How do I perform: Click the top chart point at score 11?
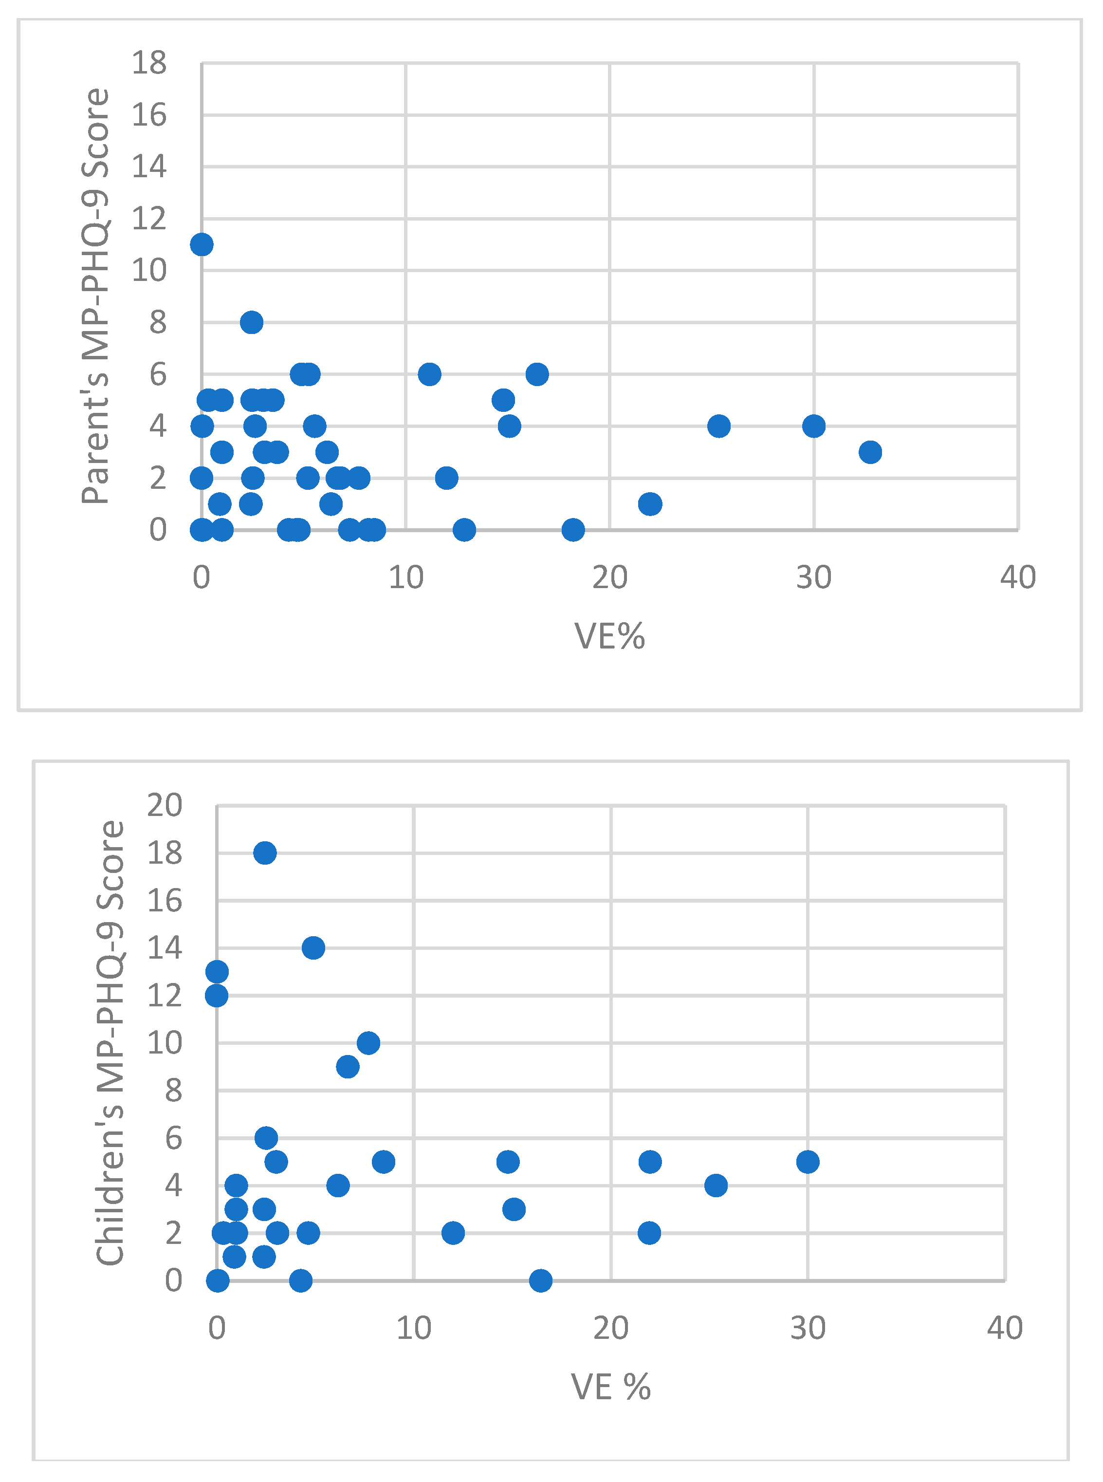(202, 244)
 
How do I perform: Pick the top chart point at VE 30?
(814, 426)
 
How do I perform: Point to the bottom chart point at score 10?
(368, 1042)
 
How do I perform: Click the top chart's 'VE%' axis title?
(609, 636)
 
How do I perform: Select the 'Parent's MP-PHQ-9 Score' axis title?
(95, 296)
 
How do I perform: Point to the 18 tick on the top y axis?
(149, 63)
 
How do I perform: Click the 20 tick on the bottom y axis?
(164, 805)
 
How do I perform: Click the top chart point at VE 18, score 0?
(573, 530)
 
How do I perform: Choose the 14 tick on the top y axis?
(149, 167)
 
